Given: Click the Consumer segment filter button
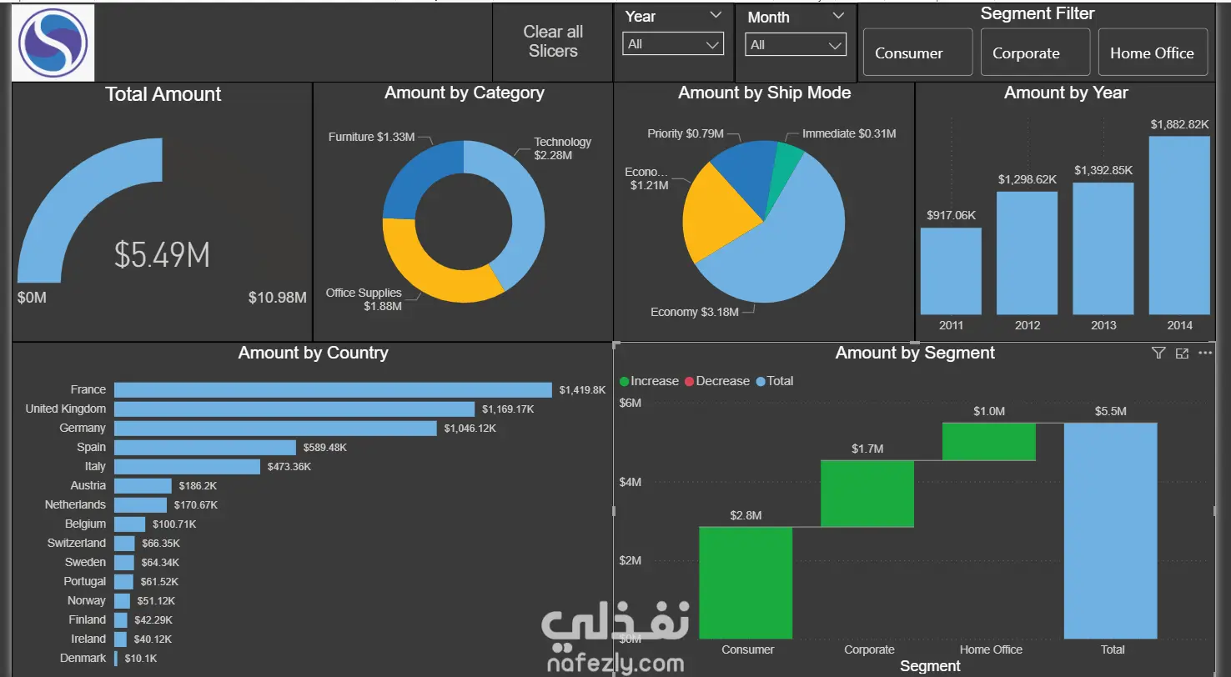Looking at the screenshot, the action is click(x=917, y=53).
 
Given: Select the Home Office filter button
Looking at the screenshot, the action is click(x=1153, y=53).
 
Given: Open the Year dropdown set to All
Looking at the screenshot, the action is click(x=673, y=44).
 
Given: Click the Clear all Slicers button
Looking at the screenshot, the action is click(x=553, y=42).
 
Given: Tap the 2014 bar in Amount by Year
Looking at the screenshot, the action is click(x=1179, y=225).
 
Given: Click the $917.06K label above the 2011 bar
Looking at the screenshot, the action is click(x=951, y=215).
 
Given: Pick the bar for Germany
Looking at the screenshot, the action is click(x=275, y=428).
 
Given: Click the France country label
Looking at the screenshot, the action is click(x=88, y=389).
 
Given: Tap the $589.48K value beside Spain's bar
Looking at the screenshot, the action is click(x=324, y=447).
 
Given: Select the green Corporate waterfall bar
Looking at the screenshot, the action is click(x=867, y=494).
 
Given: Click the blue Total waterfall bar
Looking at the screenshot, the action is click(x=1111, y=531).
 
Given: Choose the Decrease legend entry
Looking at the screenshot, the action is click(x=717, y=381).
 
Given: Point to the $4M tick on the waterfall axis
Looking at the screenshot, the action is click(x=630, y=482).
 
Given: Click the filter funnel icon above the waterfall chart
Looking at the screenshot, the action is click(x=1158, y=353).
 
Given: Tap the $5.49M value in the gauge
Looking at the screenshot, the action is click(x=162, y=255).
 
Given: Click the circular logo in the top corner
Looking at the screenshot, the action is click(x=53, y=43).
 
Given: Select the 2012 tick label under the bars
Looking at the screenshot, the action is click(x=1028, y=325).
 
